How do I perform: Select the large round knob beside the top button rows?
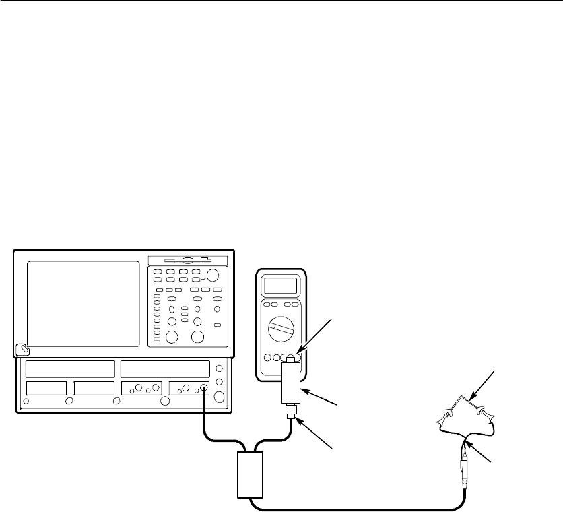[213, 275]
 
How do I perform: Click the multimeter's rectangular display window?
[281, 286]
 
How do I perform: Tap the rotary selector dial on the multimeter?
[283, 331]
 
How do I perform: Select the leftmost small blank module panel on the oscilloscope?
[46, 388]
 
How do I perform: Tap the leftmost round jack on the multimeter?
[267, 357]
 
